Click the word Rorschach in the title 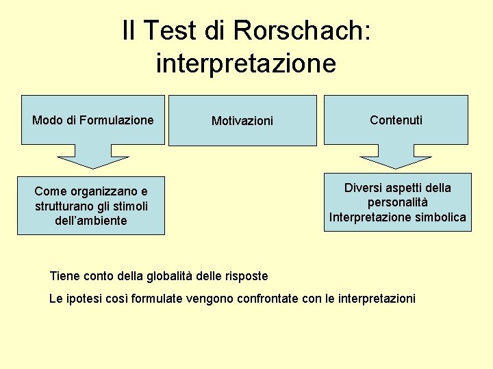301,31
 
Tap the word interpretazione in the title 246,63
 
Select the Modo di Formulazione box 93,120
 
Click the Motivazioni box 242,121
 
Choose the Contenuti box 396,120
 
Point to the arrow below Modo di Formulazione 93,158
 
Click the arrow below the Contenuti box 396,158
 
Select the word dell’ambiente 91,220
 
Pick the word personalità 397,203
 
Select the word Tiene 64,276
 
